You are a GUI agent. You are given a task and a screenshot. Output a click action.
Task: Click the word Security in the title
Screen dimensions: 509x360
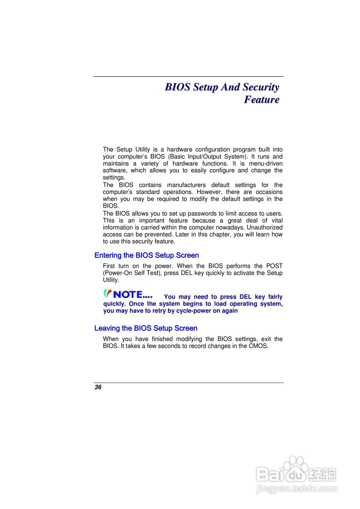(x=261, y=87)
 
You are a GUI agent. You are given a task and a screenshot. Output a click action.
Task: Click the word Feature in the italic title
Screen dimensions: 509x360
(x=261, y=99)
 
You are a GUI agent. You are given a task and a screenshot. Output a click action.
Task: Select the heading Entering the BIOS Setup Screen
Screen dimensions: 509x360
(x=146, y=255)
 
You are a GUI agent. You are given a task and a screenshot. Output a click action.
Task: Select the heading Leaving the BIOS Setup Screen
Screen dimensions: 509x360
(x=146, y=328)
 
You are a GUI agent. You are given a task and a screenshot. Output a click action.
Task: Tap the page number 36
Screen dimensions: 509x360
(x=98, y=387)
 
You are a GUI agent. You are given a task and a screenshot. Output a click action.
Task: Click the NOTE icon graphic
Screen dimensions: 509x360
(x=128, y=295)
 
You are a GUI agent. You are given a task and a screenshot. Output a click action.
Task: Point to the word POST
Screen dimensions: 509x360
(x=274, y=266)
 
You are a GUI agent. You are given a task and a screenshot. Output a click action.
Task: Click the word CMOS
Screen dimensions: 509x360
(x=259, y=346)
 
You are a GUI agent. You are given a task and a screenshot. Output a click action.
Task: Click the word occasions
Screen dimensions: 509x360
(x=269, y=192)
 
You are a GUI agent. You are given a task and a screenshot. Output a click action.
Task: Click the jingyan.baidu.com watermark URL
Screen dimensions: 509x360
(x=296, y=489)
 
